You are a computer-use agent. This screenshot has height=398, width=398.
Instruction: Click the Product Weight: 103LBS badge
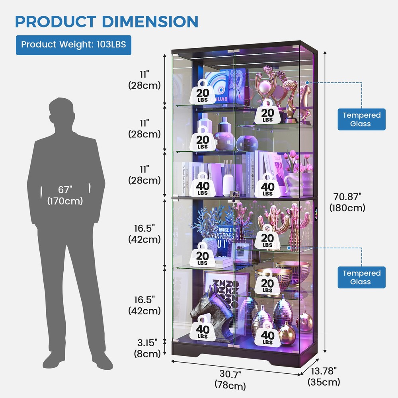pyautogui.click(x=73, y=44)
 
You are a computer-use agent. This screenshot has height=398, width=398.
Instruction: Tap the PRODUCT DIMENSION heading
pyautogui.click(x=107, y=21)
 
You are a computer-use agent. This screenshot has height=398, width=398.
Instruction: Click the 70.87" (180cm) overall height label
pyautogui.click(x=347, y=202)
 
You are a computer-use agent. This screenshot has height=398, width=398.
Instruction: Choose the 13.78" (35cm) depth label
pyautogui.click(x=324, y=376)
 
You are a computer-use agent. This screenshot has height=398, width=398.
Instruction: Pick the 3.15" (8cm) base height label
pyautogui.click(x=145, y=347)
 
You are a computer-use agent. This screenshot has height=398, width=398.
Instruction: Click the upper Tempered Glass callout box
pyautogui.click(x=362, y=119)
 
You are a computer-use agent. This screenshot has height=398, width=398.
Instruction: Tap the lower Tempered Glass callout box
pyautogui.click(x=362, y=277)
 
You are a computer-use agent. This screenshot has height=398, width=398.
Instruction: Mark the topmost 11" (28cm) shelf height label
pyautogui.click(x=144, y=79)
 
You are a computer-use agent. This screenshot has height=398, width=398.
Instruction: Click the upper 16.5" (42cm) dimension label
pyautogui.click(x=144, y=234)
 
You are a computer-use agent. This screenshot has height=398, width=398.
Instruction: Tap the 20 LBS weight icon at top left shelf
pyautogui.click(x=203, y=92)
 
